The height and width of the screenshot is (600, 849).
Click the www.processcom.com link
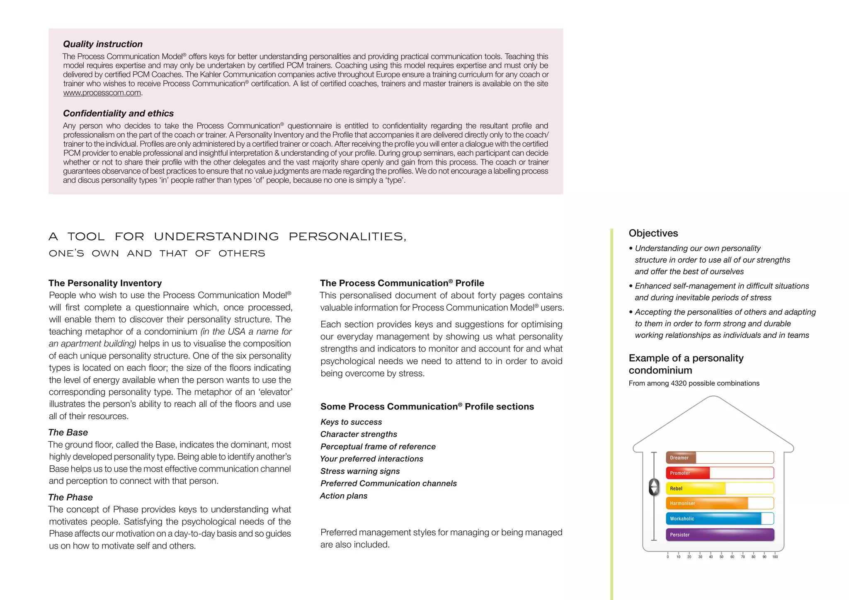click(x=102, y=93)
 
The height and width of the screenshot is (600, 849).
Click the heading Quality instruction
click(x=103, y=44)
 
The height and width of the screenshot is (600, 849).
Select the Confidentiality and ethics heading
click(x=118, y=113)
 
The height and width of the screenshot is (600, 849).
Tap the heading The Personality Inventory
click(x=105, y=283)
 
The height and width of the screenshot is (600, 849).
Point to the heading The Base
click(x=68, y=432)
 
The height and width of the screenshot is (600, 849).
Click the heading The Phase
click(x=70, y=497)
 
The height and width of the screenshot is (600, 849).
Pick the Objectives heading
click(x=653, y=233)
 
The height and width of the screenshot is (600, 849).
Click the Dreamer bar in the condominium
click(x=681, y=457)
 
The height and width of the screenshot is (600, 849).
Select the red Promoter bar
click(x=688, y=473)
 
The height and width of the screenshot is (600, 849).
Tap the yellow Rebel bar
click(x=696, y=488)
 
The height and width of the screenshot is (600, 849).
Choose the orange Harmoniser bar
click(x=707, y=503)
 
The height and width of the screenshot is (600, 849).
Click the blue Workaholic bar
click(x=713, y=518)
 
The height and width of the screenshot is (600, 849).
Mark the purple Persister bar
click(x=720, y=535)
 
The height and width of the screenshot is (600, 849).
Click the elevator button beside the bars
click(x=654, y=487)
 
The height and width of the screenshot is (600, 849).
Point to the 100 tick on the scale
click(x=775, y=556)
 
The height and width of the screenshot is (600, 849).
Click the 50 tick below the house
click(x=721, y=556)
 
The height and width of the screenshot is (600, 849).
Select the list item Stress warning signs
click(x=360, y=471)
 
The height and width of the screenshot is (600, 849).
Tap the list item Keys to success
click(x=351, y=422)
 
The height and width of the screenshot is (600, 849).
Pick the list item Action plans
click(x=344, y=496)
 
